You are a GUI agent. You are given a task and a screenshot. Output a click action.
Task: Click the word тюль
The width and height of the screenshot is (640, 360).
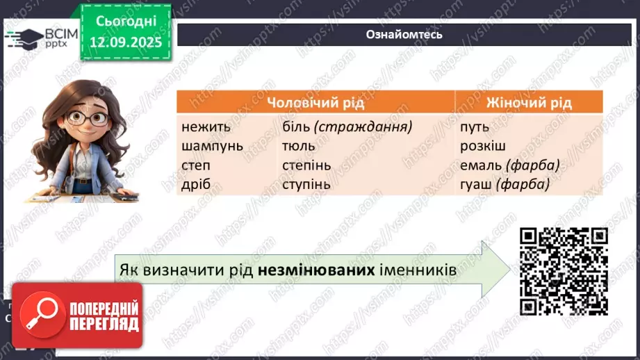(x=299, y=146)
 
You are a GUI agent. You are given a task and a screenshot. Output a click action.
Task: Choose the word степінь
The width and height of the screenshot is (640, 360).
(x=306, y=166)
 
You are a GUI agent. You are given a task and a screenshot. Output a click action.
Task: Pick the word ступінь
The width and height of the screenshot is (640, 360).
(x=306, y=185)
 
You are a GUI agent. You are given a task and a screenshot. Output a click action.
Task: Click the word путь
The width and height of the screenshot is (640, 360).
(x=475, y=127)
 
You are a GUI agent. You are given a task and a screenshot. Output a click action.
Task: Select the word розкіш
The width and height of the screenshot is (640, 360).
(x=482, y=146)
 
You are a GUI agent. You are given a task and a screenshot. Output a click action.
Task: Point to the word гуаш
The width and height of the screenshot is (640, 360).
(x=476, y=185)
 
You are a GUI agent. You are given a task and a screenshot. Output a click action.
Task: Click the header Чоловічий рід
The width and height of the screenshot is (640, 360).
(x=315, y=103)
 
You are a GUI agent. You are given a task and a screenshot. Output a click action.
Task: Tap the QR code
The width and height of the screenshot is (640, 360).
(x=564, y=270)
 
